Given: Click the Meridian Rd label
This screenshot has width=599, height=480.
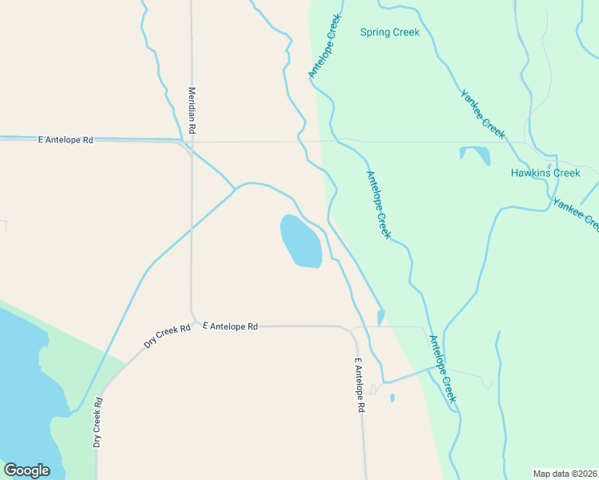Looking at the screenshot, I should [192, 110].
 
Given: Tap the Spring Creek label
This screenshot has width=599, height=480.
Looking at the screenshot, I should [390, 33].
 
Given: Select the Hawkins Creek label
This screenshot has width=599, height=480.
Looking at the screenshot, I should [545, 173].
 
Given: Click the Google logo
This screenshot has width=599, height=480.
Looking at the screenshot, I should [26, 470].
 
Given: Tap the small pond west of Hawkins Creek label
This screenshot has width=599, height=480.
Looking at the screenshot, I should [476, 154].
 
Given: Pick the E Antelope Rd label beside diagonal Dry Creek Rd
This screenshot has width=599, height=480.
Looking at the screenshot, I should [231, 326].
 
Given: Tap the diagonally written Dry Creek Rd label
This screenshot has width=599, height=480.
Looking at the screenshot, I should [167, 335].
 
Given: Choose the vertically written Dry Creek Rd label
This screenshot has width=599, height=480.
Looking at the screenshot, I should [97, 422].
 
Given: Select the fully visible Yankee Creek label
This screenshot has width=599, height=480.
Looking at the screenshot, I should [482, 113].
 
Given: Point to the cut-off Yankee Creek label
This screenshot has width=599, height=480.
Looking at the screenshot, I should [581, 210].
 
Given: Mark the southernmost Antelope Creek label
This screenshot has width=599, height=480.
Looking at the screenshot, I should [443, 369].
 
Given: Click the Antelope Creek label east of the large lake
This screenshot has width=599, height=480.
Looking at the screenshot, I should [378, 205].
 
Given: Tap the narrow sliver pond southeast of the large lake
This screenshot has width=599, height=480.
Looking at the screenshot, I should [381, 318].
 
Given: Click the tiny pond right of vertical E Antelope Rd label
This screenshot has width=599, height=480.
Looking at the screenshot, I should [392, 398].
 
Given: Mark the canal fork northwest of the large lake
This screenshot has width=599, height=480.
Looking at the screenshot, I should [235, 190].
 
